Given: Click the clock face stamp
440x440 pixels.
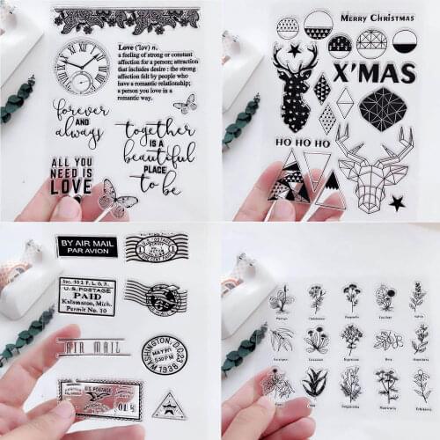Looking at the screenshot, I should click(81, 66).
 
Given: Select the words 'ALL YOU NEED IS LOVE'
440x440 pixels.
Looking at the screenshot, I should click(72, 175).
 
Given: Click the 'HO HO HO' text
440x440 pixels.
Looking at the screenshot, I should click(304, 143).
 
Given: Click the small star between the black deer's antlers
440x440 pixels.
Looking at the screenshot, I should click(294, 51).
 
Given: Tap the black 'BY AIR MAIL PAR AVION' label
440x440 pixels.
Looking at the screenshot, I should click(86, 246).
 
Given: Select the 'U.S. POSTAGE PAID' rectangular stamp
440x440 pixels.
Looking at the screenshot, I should click(86, 297).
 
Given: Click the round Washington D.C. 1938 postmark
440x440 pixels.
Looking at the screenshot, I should click(164, 354).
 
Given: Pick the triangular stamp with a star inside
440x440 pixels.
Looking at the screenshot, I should click(169, 407).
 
